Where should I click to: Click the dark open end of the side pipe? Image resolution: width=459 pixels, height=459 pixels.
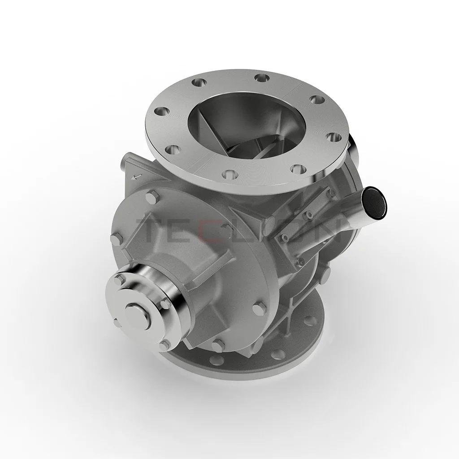pos(375,202)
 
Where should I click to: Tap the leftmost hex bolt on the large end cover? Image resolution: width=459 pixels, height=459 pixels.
pos(116,239)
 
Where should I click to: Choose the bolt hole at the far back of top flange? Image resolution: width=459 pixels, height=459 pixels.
pos(261,78)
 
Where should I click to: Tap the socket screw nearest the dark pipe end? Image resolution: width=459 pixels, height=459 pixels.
pos(332,193)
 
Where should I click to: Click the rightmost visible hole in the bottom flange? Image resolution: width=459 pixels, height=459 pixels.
pos(309,320)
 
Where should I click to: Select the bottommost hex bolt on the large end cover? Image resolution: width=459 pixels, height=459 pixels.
pos(218,345)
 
